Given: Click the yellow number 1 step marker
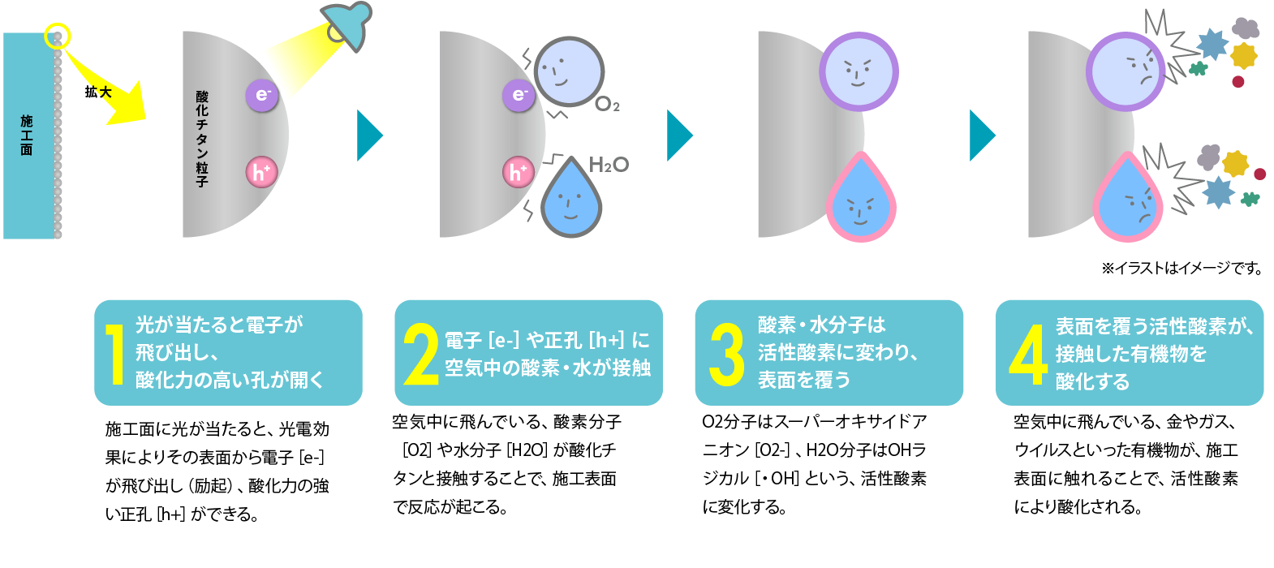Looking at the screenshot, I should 116,353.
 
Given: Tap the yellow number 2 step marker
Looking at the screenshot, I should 420,354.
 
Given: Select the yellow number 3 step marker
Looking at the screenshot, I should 725,354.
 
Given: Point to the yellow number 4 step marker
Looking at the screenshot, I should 1027,354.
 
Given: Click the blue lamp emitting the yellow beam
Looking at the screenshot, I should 346,22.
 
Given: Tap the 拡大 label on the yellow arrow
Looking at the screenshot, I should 98,92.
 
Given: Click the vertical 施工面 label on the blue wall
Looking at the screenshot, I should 27,135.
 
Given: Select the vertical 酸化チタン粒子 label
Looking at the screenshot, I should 202,139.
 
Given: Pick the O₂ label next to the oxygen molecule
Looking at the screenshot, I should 607,105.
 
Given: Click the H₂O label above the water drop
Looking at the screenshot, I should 609,165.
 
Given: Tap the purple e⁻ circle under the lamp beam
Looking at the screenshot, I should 262,96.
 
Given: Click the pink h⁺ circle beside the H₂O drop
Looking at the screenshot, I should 518,172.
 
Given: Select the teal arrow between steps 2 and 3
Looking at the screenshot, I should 679,136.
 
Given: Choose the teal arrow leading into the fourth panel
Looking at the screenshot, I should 982,136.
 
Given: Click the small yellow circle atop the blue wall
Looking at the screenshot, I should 58,36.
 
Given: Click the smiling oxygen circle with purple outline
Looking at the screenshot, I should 858,71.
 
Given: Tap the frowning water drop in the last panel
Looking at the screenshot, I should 1129,201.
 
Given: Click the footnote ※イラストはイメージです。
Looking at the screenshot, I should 1181,269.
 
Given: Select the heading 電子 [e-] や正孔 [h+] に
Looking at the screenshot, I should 547,340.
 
